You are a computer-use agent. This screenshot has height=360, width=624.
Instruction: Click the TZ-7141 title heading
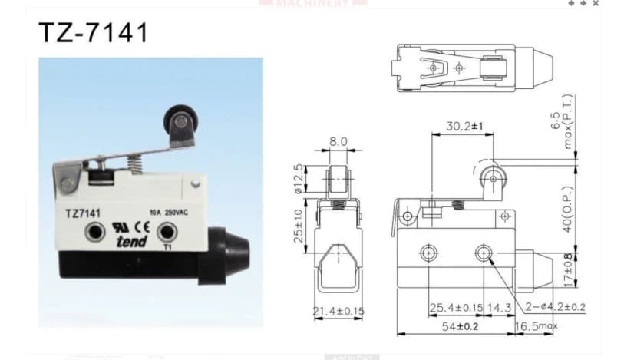click(x=93, y=33)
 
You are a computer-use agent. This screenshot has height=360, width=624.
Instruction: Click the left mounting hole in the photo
click(x=96, y=231)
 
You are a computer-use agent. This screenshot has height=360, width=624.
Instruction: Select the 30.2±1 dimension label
click(x=464, y=127)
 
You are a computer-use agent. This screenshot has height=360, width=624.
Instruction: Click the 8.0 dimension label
click(x=338, y=142)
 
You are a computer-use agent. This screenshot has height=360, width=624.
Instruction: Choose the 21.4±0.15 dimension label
click(x=338, y=310)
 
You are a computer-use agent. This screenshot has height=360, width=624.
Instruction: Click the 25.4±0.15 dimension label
click(x=454, y=307)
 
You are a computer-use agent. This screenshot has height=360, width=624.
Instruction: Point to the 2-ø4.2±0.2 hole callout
click(x=556, y=307)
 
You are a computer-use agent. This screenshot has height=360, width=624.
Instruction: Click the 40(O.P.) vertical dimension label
click(x=567, y=210)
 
